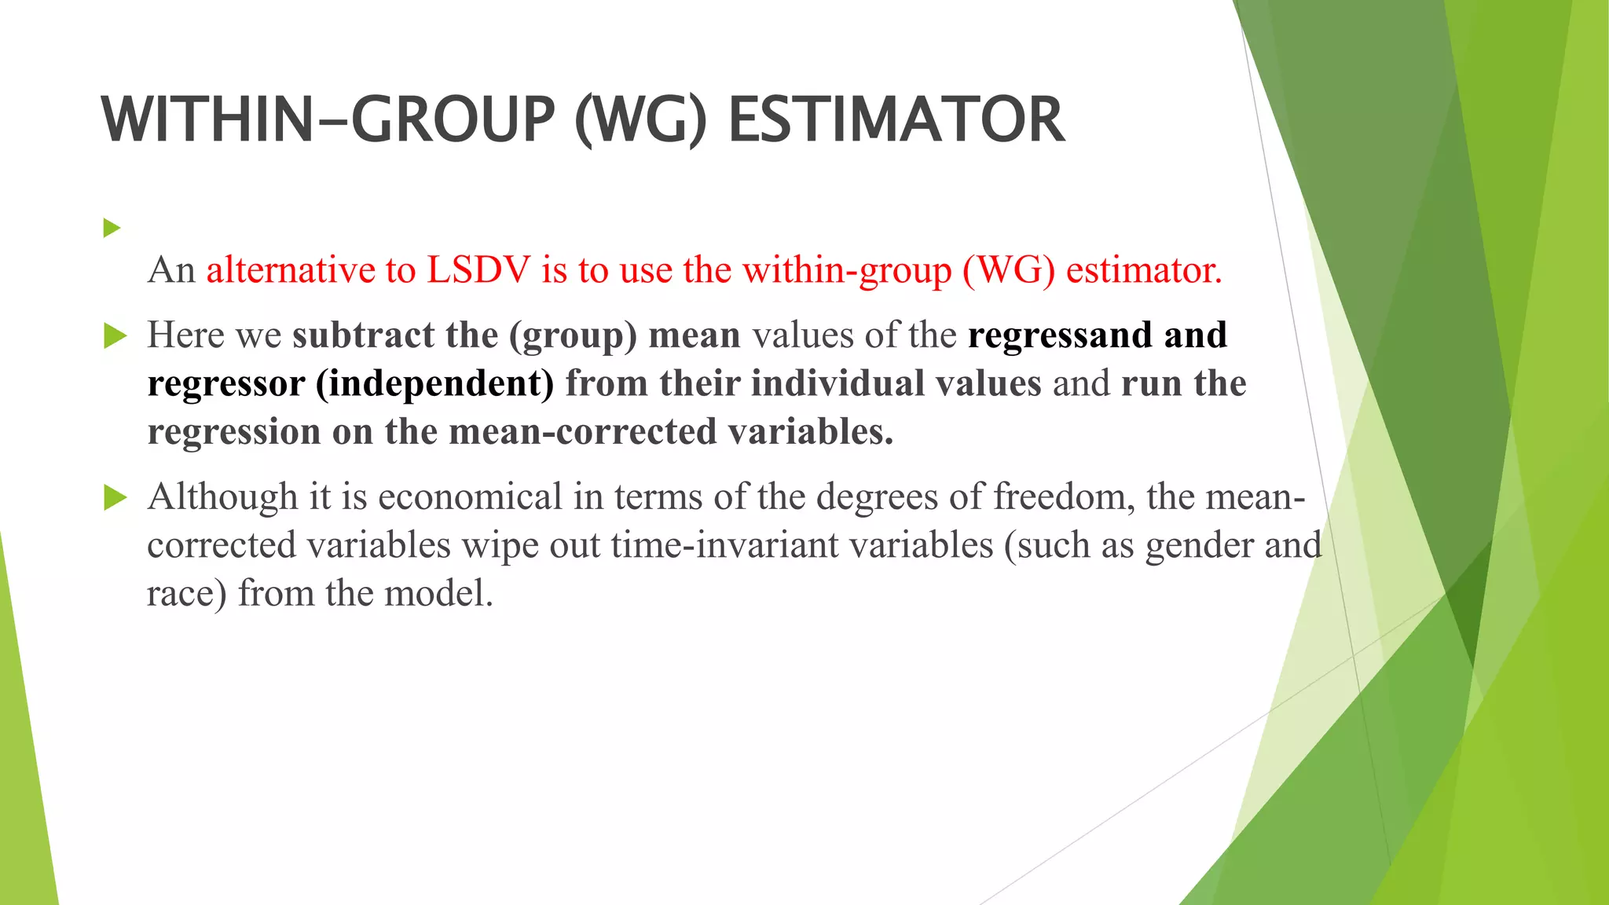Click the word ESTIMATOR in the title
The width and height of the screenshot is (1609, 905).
(896, 120)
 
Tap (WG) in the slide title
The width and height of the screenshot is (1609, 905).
(641, 120)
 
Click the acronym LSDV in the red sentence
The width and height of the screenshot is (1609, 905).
(479, 270)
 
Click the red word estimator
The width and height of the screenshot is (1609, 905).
(1144, 270)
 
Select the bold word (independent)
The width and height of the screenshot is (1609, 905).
(435, 384)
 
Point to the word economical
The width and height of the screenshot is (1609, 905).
(470, 497)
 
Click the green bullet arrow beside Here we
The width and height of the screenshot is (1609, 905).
(115, 336)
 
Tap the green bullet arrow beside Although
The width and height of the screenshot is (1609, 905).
(115, 497)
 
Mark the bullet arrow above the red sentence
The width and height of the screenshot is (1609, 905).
(112, 229)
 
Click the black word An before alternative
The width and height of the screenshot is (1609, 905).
(171, 270)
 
